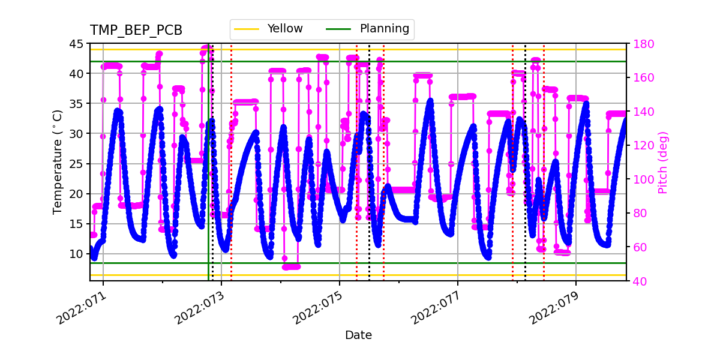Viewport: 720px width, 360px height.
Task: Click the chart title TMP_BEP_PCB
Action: (136, 31)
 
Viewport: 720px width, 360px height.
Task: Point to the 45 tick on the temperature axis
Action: (77, 44)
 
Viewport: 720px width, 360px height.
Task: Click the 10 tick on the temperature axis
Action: (77, 254)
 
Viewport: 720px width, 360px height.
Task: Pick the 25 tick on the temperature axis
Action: (77, 164)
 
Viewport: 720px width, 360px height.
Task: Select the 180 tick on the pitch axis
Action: (641, 44)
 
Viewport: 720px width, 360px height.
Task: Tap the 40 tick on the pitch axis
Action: (638, 281)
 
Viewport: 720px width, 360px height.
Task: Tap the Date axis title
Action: (358, 335)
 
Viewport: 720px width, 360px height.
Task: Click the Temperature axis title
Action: (58, 162)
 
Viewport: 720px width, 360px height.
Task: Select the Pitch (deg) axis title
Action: (663, 162)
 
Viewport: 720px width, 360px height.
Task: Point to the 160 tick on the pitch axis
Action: (641, 78)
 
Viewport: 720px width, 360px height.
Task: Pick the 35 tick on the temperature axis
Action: (77, 104)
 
